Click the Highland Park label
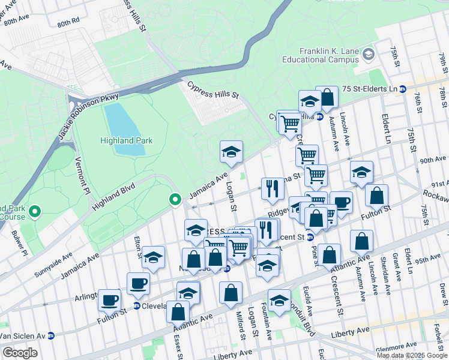coord(126,140)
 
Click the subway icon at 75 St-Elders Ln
coord(402,89)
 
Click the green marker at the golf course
coord(35,211)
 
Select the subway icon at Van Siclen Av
coord(51,335)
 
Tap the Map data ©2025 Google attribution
coord(411,355)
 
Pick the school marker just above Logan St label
coord(231,152)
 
